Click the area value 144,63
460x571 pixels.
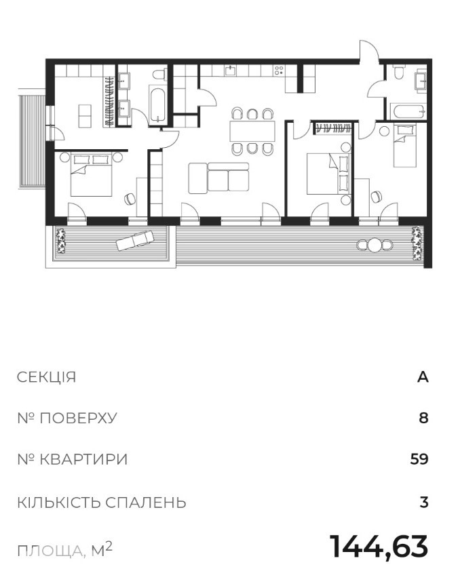pyautogui.click(x=379, y=547)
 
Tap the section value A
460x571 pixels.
pyautogui.click(x=423, y=377)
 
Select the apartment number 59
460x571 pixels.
pyautogui.click(x=419, y=459)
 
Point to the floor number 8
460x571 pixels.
pyautogui.click(x=423, y=418)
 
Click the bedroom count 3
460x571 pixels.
pyautogui.click(x=424, y=503)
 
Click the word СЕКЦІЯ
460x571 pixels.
pyautogui.click(x=47, y=377)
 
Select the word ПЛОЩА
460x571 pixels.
pyautogui.click(x=50, y=551)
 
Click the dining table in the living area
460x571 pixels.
pyautogui.click(x=252, y=131)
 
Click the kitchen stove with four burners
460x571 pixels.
pyautogui.click(x=279, y=70)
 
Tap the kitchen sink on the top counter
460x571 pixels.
pyautogui.click(x=230, y=70)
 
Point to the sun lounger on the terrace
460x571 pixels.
pyautogui.click(x=135, y=241)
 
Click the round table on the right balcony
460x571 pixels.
pyautogui.click(x=375, y=245)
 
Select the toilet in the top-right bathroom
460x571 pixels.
pyautogui.click(x=398, y=72)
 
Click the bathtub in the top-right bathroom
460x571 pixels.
pyautogui.click(x=408, y=111)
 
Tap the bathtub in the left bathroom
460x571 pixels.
pyautogui.click(x=157, y=105)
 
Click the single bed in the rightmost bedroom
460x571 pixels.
pyautogui.click(x=405, y=145)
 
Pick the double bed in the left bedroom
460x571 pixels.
pyautogui.click(x=91, y=175)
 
